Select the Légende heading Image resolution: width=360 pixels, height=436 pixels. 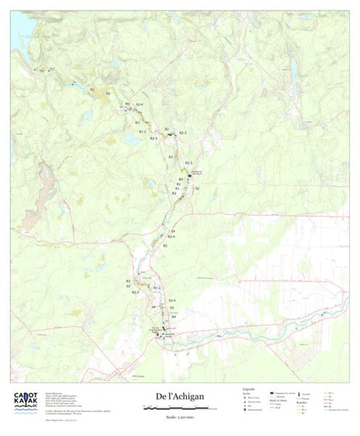click(248, 390)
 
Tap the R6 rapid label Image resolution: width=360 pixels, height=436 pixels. click(127, 103)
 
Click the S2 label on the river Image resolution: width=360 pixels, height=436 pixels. click(196, 189)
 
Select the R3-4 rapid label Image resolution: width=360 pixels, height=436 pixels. click(171, 237)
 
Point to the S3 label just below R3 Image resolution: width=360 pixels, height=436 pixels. click(128, 286)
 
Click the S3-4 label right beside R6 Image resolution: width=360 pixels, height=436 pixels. click(139, 103)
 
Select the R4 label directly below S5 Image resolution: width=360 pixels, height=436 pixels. click(173, 316)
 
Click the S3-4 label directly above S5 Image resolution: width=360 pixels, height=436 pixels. click(172, 300)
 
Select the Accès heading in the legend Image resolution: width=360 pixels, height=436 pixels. click(247, 395)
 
